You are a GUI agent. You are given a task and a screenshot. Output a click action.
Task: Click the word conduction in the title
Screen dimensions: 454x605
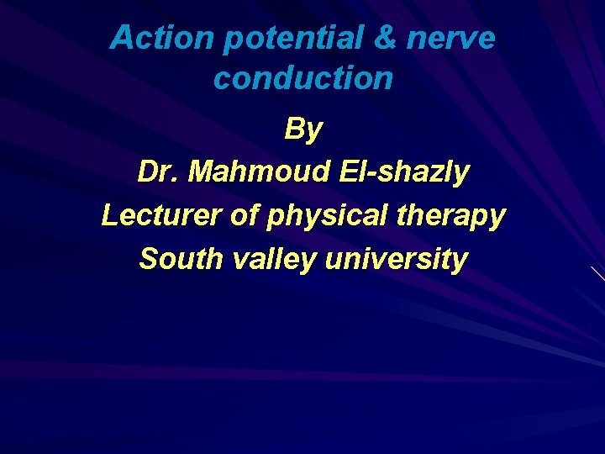pos(302,78)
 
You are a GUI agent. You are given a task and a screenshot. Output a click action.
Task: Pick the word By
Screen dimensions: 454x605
pos(302,129)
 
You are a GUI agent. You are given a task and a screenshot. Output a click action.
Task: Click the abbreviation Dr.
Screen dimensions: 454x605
pos(158,172)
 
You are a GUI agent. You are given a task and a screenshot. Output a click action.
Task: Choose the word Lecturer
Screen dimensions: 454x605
pos(161,215)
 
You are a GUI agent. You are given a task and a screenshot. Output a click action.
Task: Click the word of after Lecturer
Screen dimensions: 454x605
pos(245,215)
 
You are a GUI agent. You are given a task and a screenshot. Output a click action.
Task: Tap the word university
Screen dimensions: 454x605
pos(395,259)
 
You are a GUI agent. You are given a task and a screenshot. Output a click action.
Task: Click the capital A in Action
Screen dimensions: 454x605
pos(121,38)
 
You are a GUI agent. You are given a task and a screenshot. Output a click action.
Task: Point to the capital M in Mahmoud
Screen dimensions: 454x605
pos(202,172)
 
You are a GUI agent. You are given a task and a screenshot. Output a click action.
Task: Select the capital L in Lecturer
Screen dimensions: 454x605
pos(108,215)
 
